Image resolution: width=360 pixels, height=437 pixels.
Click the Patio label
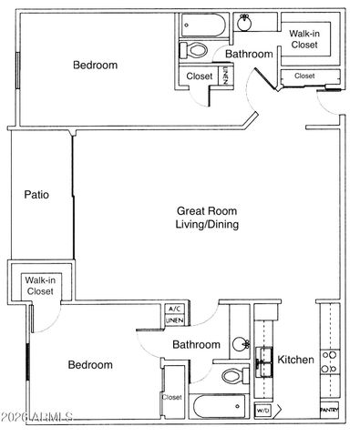click(36, 195)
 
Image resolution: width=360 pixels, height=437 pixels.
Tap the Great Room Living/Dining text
click(207, 218)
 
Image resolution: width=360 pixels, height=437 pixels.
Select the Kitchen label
click(296, 361)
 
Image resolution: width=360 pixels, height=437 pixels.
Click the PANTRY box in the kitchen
click(330, 411)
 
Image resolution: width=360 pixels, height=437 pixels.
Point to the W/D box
click(262, 411)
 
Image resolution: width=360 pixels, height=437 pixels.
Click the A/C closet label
click(175, 310)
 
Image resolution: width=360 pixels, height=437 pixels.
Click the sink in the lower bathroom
click(242, 345)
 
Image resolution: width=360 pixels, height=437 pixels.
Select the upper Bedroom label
click(96, 65)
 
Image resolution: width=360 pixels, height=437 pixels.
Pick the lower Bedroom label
click(90, 365)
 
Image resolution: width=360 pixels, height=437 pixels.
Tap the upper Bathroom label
click(249, 55)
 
